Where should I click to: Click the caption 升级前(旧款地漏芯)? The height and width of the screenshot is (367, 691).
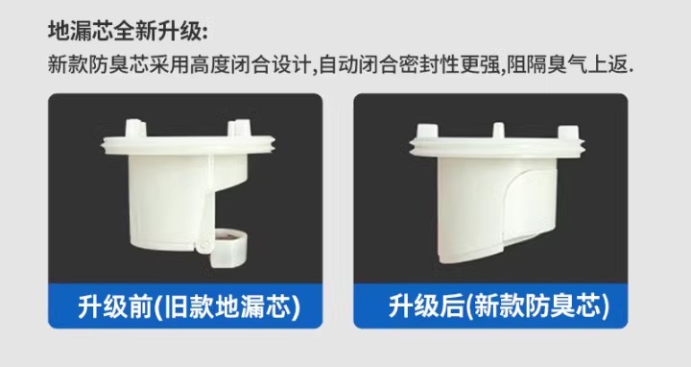(189, 306)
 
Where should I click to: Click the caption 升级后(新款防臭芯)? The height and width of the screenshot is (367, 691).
(498, 306)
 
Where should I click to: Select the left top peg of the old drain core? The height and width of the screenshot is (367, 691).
(135, 129)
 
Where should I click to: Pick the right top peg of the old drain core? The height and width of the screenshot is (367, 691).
(239, 128)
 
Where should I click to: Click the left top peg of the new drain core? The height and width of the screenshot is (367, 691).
(427, 132)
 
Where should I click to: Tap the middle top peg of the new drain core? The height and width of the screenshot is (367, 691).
(498, 131)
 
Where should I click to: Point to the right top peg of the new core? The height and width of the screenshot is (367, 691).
(568, 133)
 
